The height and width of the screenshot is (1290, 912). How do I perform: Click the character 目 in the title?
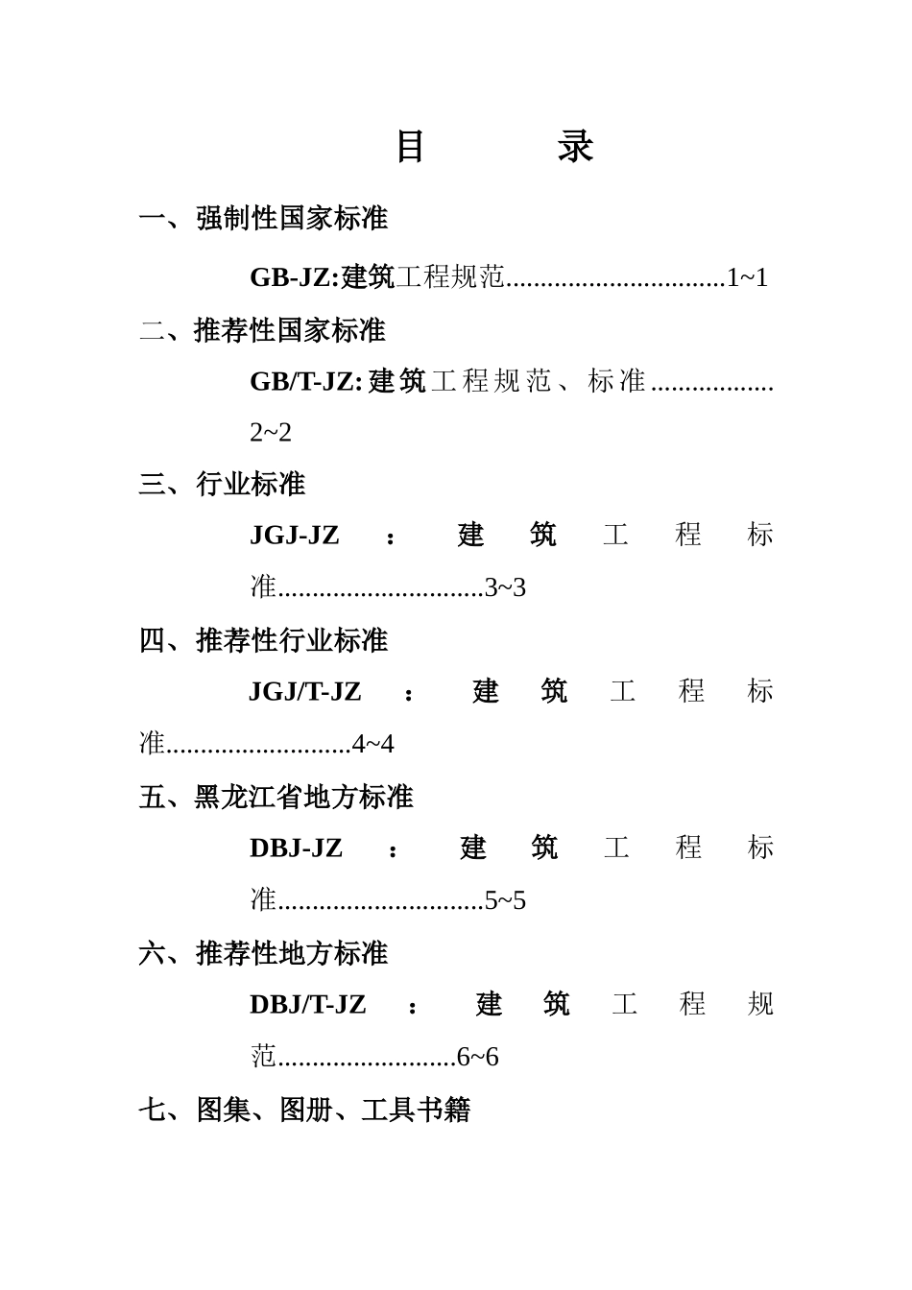coord(411,147)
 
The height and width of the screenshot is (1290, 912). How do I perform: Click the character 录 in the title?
coord(575,147)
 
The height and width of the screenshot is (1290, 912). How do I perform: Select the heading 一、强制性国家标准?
coord(263,219)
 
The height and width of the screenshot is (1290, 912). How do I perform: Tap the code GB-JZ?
coord(294,277)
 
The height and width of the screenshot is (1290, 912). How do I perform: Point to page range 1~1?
coord(747,278)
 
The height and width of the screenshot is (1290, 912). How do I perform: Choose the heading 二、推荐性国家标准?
coord(262,331)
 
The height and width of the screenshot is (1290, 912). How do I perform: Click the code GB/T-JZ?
coord(305,382)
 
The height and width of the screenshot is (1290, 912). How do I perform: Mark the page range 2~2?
coord(271,433)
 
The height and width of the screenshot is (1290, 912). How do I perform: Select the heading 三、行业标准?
coord(222,485)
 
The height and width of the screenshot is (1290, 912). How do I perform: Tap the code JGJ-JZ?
coord(295,536)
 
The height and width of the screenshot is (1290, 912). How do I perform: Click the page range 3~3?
coord(506,587)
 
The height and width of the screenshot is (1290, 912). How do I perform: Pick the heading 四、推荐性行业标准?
coord(263,640)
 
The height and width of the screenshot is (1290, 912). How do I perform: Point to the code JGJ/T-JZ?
coord(305,692)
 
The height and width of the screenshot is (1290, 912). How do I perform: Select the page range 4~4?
coord(373,745)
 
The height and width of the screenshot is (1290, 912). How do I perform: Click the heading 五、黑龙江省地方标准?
coord(276,798)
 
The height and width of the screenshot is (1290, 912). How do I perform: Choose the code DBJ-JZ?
coord(296,848)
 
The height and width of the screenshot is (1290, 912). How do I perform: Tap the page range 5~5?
coord(506,901)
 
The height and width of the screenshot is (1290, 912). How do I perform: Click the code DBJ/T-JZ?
coord(307,1005)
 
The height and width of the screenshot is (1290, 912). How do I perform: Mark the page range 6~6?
coord(478,1058)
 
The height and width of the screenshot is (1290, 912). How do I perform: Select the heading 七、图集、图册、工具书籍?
coord(304,1111)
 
